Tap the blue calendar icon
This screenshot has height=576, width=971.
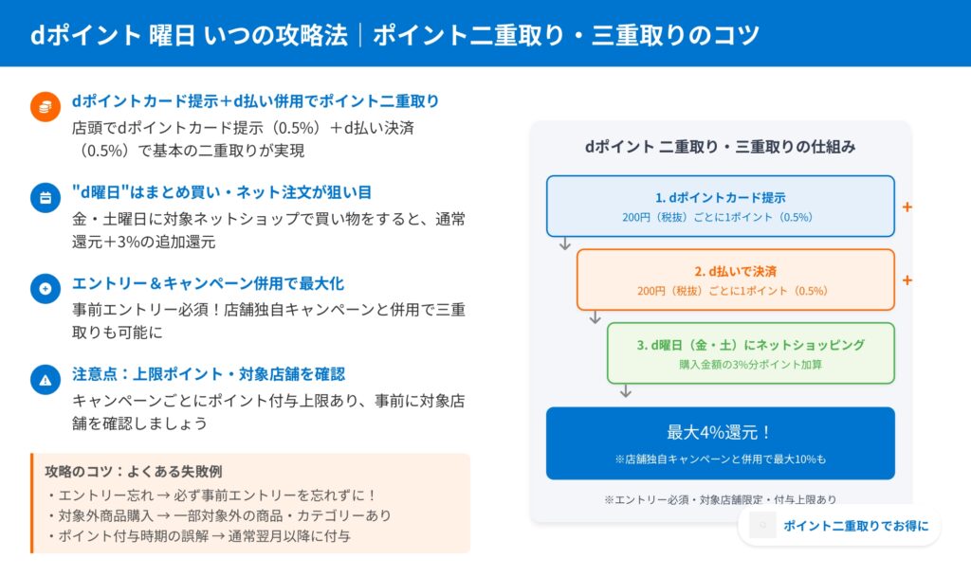[45, 198]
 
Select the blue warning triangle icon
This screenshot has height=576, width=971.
[45, 380]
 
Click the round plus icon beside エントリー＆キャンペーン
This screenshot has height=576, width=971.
[45, 288]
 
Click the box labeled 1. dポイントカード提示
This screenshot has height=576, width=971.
[721, 206]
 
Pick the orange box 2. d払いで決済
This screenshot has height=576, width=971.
[735, 279]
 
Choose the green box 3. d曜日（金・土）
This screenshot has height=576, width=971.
[750, 353]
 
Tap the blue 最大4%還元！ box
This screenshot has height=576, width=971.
[721, 442]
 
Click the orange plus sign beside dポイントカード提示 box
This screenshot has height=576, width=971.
[907, 207]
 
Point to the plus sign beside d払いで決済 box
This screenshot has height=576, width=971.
[907, 280]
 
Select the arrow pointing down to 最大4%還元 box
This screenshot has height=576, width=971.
[625, 390]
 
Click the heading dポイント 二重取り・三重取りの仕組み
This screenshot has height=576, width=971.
[721, 147]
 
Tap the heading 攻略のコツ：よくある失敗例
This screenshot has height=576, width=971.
[134, 471]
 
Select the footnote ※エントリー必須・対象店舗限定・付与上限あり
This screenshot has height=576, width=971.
[721, 499]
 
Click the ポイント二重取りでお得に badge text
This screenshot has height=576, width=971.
[856, 526]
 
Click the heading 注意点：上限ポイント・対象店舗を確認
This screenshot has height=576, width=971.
[209, 373]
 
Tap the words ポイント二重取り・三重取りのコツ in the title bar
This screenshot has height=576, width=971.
[566, 35]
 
